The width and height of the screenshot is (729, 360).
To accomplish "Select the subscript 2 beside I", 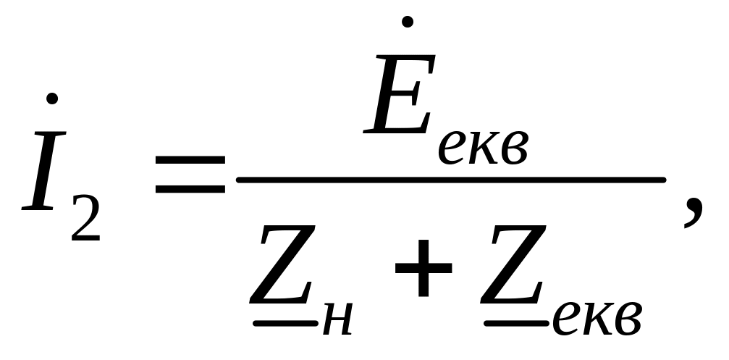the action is [x=86, y=217].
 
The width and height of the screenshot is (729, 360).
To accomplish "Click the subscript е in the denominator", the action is [x=565, y=318].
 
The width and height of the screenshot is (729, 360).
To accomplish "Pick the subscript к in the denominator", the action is [x=598, y=318].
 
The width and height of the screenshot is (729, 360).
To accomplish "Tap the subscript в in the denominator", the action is [x=629, y=318].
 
